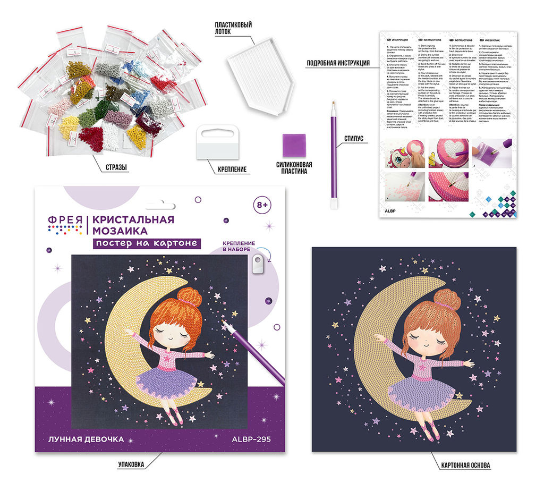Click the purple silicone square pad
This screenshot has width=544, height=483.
point(292,144)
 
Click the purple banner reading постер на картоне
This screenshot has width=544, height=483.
point(147,243)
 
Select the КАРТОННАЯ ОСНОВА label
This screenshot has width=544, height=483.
point(465,465)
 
